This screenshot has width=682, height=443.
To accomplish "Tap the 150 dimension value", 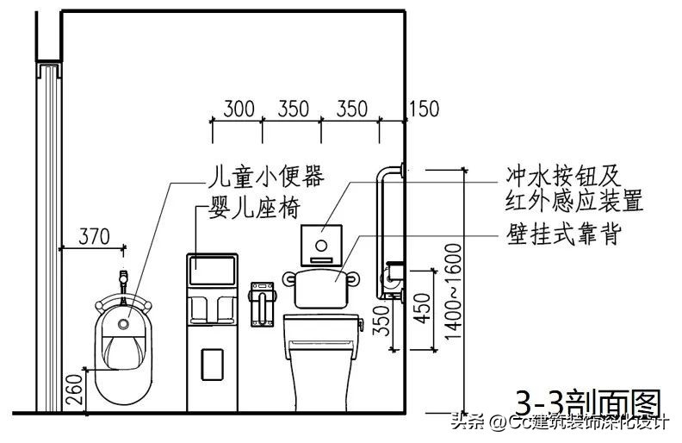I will coord(423,109).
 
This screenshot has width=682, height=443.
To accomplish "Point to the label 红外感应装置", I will coord(574,202).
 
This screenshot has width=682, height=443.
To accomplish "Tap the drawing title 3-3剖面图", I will coord(587,403).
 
